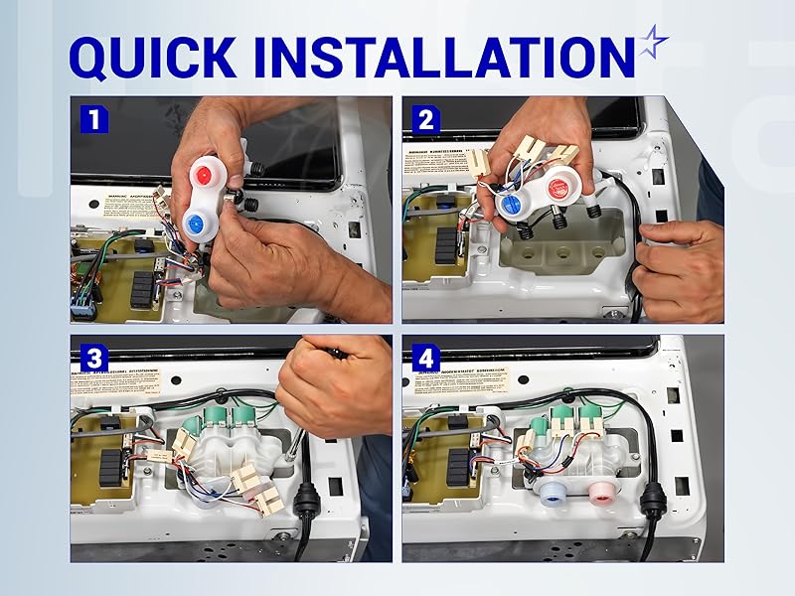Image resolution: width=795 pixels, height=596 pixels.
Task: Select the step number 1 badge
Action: [x=93, y=120]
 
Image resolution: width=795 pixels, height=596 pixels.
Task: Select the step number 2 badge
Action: [x=425, y=120]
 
